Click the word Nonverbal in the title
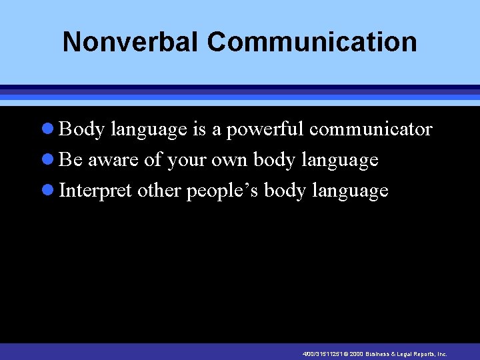131,41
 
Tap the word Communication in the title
312,41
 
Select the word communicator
371,129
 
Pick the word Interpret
96,191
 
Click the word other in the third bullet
159,191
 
